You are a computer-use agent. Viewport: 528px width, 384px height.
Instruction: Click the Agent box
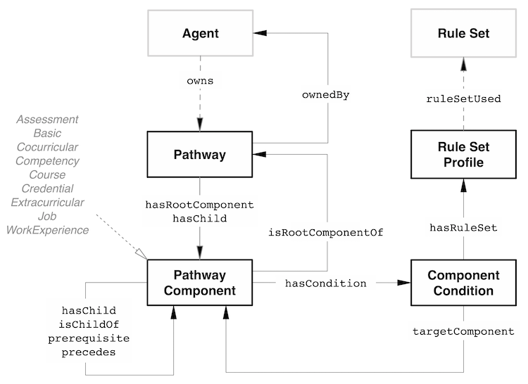pos(201,33)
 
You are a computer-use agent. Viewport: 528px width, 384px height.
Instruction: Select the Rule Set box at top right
pos(463,33)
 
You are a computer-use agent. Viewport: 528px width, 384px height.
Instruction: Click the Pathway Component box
pos(201,283)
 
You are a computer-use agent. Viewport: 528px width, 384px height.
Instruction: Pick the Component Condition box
pos(463,283)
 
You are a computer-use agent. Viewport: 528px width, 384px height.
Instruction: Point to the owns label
pos(200,81)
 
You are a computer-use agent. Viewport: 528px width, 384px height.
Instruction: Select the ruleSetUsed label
pos(463,98)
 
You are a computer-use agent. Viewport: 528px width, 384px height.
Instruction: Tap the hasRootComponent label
pos(199,205)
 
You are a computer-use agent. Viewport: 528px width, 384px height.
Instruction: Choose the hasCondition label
pos(325,283)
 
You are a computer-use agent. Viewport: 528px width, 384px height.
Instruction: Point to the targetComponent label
pos(463,331)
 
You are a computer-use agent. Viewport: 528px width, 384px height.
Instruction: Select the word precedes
pos(89,352)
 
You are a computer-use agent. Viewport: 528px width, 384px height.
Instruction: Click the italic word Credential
pos(48,188)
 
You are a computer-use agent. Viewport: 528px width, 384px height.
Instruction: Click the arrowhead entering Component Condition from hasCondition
pos(403,283)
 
